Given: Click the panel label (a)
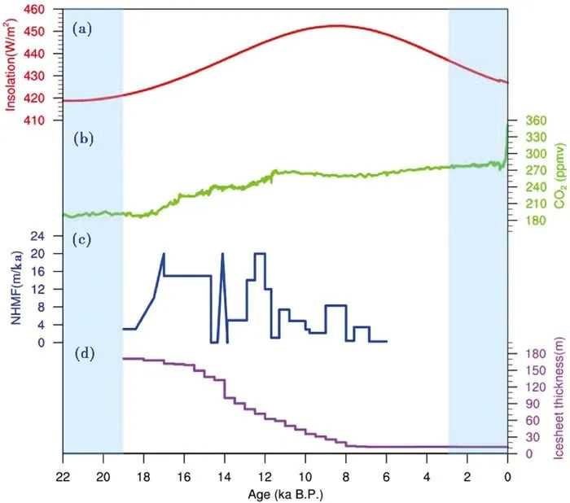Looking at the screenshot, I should point(81,29).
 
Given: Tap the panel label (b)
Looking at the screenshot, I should point(82,138).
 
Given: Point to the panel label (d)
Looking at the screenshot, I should point(82,354).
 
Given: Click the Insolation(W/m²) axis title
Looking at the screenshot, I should point(15,66).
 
